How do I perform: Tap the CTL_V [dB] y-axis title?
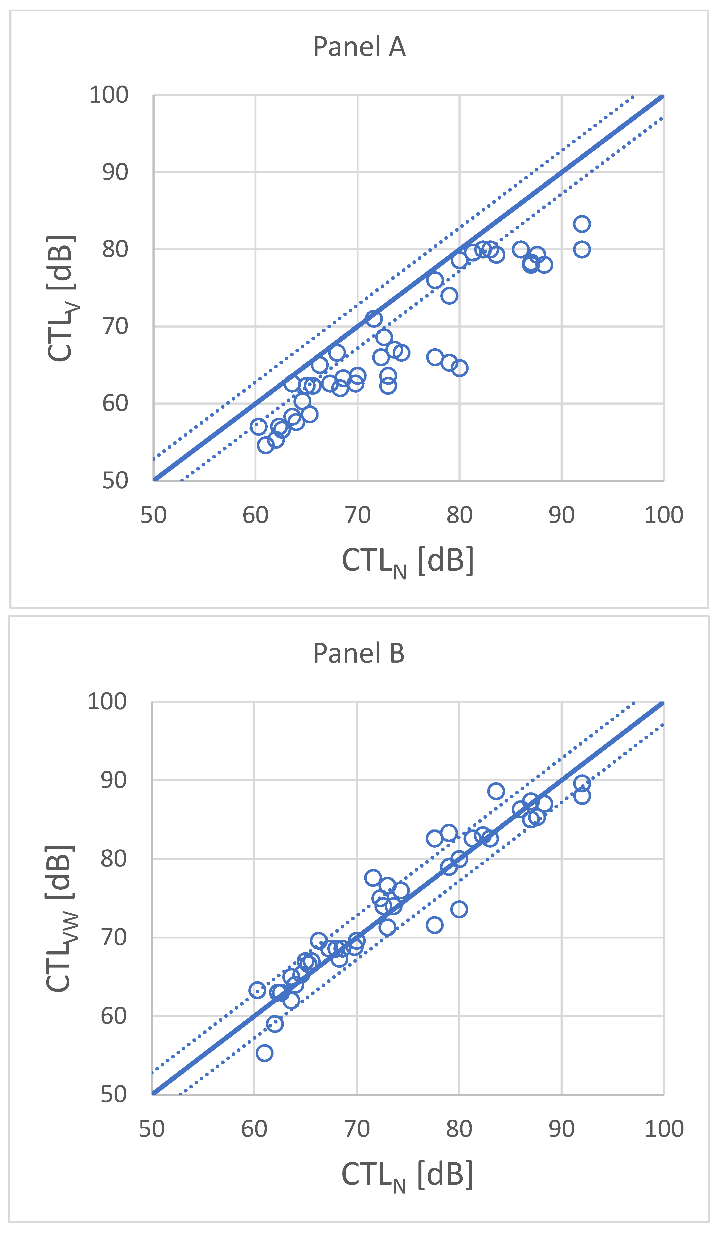62,299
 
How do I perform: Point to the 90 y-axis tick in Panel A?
115,172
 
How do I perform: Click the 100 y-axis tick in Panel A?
109,95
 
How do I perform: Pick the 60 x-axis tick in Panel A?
255,515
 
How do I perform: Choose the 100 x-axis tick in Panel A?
663,515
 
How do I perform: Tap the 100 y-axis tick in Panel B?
107,702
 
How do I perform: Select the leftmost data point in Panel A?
258,426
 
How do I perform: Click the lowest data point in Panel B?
264,1053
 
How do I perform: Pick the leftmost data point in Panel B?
257,990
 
